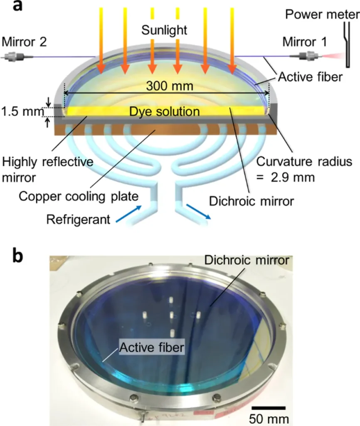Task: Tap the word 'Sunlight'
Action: pos(164,30)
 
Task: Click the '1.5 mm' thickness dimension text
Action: pos(22,111)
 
